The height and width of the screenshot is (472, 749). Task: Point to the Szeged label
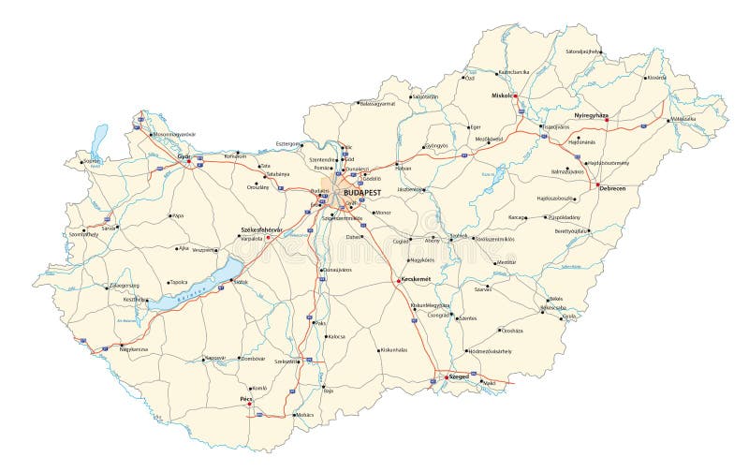point(459,376)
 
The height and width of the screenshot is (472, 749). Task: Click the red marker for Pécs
point(248,406)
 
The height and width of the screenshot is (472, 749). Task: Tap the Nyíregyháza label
point(592,115)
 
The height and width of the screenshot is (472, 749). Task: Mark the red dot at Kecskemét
point(400,280)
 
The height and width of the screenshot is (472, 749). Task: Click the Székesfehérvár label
point(262,229)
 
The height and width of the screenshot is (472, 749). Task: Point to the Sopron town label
point(91,161)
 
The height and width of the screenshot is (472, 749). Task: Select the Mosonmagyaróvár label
point(174,135)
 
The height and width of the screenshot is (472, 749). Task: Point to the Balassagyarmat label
point(377,104)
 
